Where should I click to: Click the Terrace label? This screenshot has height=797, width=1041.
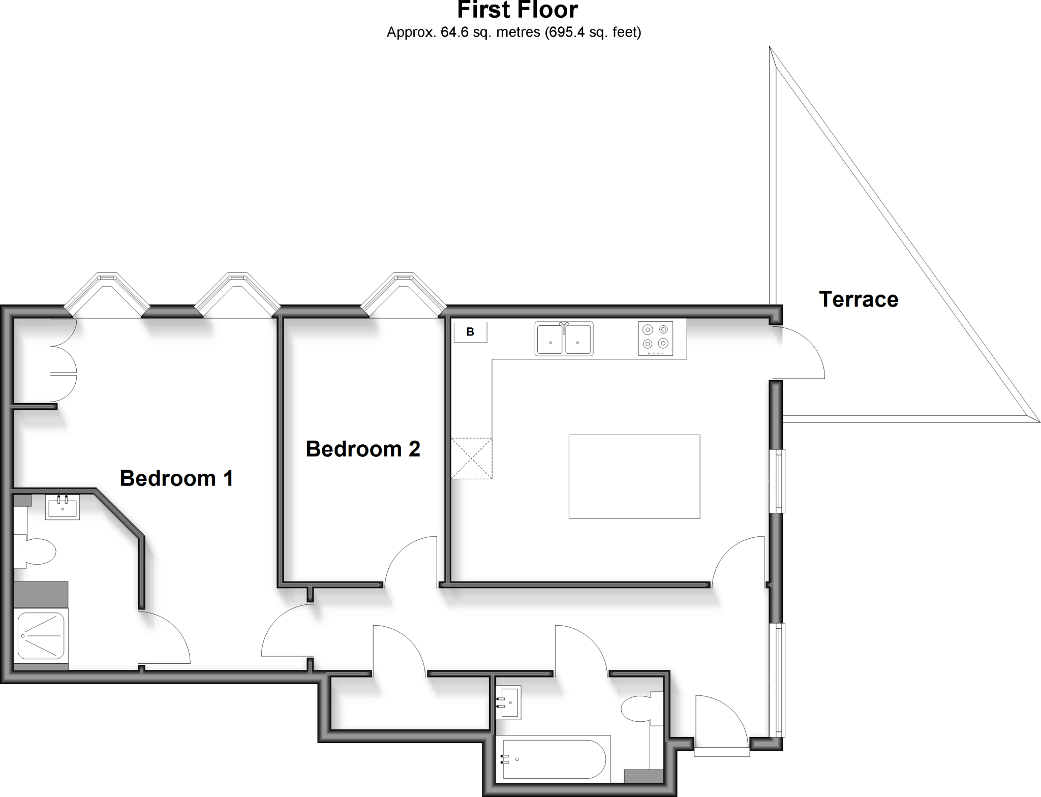[859, 299]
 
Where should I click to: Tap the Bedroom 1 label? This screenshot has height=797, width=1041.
[176, 478]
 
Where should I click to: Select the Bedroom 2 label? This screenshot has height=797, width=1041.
[363, 449]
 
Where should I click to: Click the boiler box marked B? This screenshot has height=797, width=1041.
[470, 332]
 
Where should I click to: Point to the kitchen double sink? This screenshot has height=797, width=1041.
[564, 339]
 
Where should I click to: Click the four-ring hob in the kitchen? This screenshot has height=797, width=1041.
[656, 338]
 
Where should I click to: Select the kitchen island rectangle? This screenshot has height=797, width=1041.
[634, 476]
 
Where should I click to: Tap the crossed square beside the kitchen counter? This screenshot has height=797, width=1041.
[472, 458]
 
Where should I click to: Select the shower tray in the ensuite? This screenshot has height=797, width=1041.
[41, 635]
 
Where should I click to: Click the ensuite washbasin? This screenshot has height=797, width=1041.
[63, 507]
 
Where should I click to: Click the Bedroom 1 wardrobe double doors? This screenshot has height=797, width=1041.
[64, 361]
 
